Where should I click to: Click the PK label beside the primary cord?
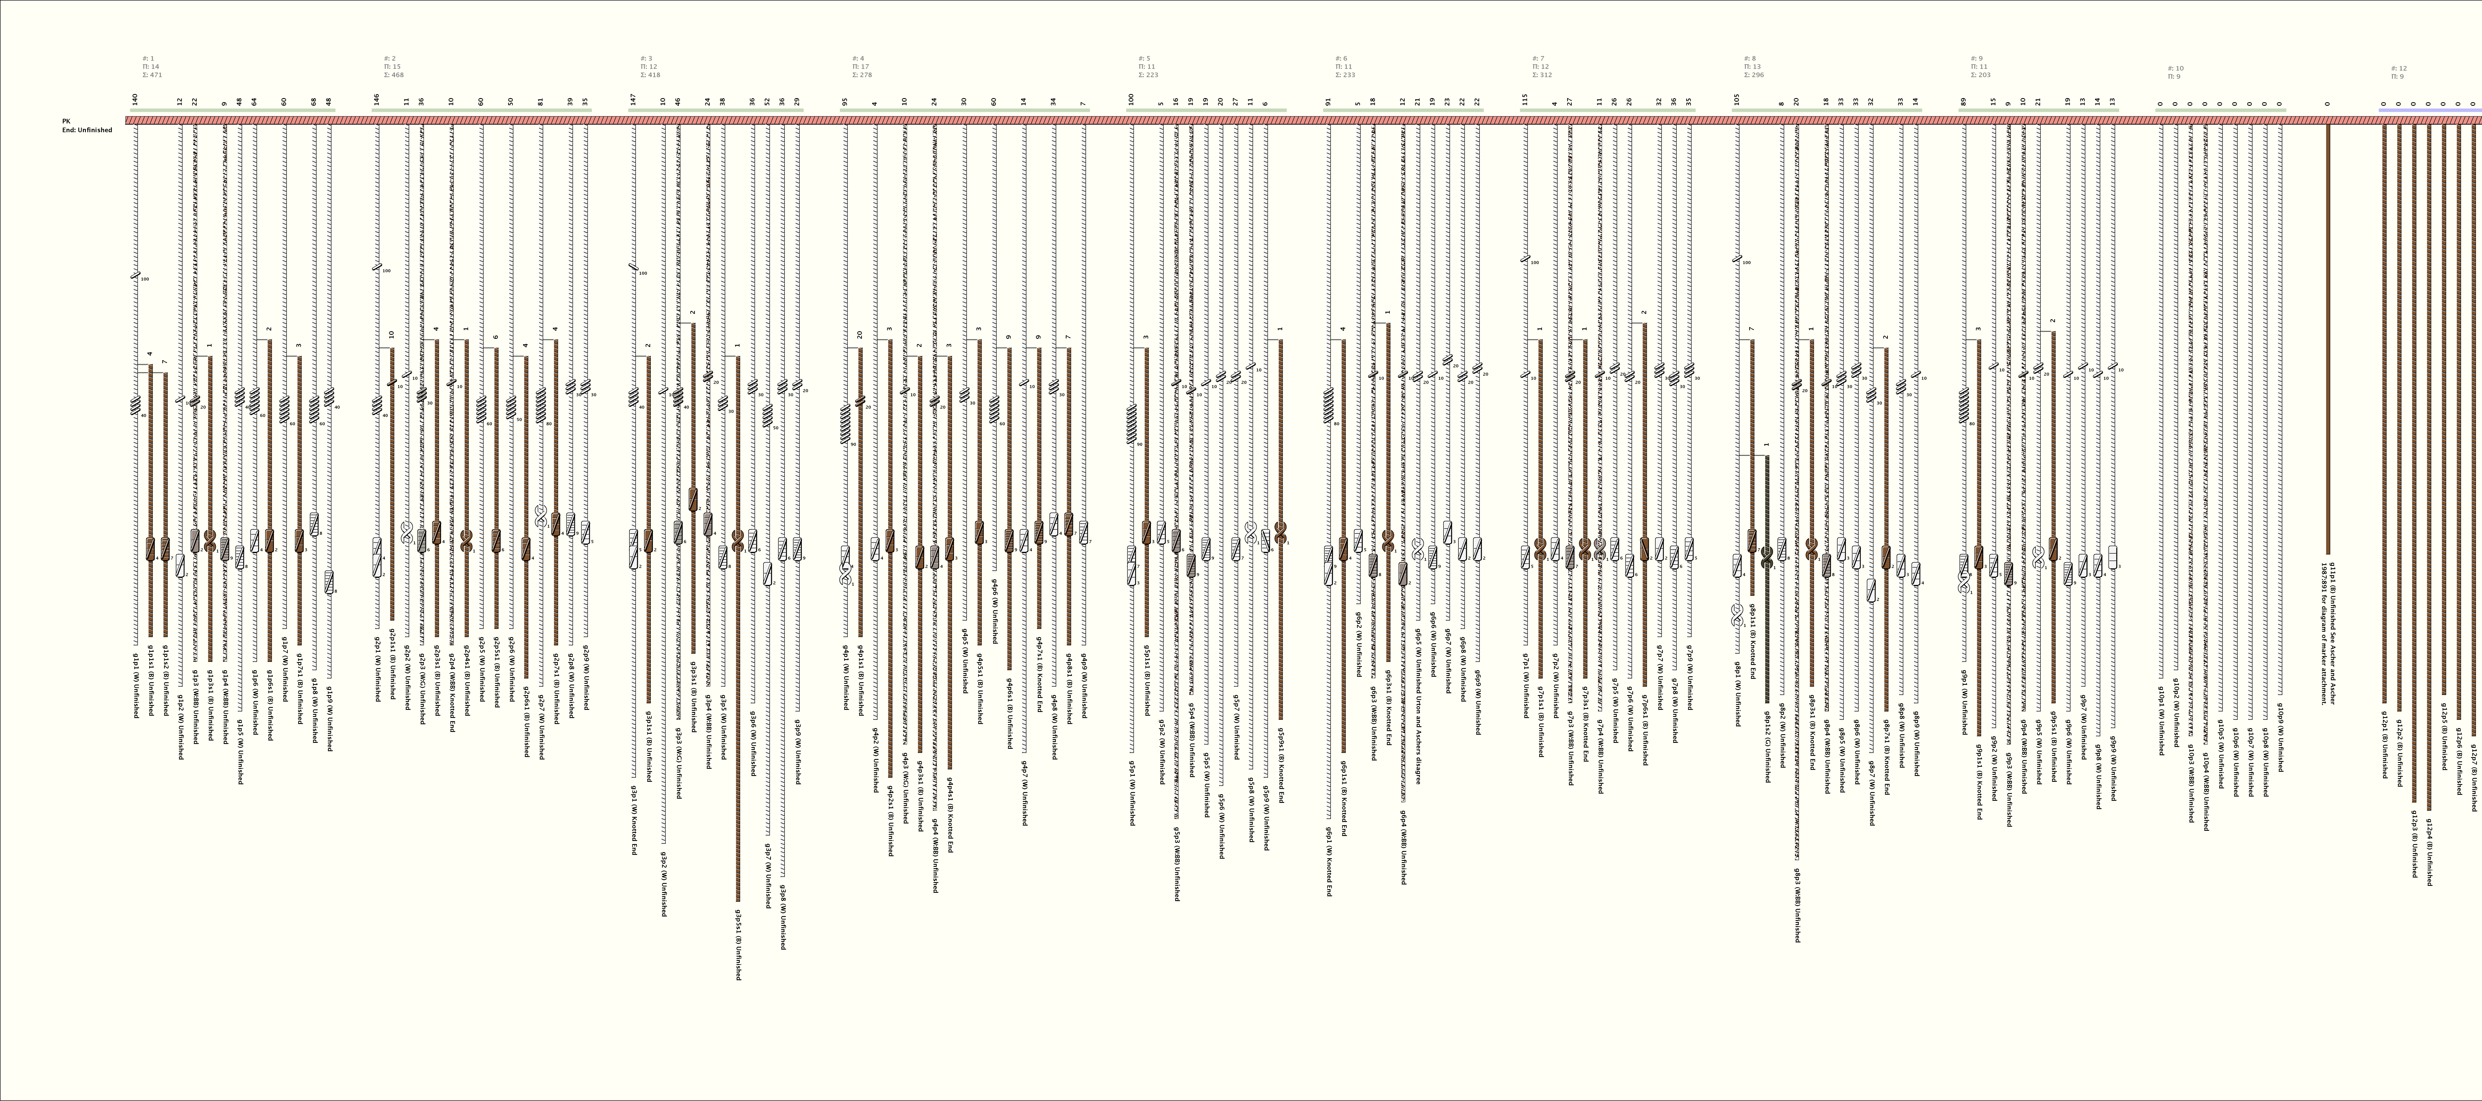point(67,121)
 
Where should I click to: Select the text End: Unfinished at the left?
point(87,130)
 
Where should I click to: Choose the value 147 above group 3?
point(633,99)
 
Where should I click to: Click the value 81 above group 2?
point(541,101)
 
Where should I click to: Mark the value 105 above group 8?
point(1736,99)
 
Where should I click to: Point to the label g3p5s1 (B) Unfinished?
point(738,944)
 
